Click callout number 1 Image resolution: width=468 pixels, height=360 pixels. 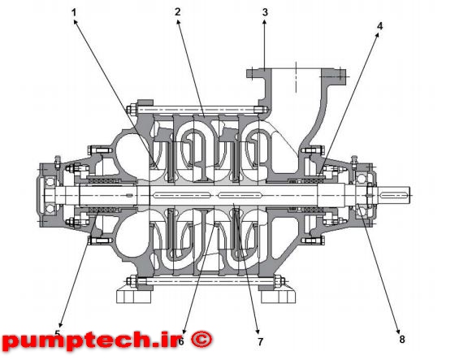coord(74,12)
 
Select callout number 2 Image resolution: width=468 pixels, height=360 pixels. coord(178,12)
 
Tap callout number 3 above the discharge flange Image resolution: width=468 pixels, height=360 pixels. coord(265,12)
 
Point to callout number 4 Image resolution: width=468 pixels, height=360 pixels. coord(379,26)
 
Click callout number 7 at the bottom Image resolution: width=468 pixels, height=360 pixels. coord(261,341)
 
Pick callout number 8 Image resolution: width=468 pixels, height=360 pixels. coord(402,339)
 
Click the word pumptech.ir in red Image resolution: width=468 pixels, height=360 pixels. coord(92,340)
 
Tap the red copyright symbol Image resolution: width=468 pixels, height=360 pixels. coord(201,339)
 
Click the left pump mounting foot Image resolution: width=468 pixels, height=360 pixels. coord(134,297)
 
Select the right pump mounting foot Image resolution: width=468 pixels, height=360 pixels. coord(278,297)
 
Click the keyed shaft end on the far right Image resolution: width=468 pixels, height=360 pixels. coord(394,195)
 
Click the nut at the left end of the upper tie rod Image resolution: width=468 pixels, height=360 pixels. coord(132,110)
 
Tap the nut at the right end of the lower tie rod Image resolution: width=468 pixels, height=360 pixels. coord(280,281)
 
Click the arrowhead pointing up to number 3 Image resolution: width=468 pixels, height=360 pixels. coord(265,21)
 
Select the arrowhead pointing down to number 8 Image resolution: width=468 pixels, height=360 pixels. coord(398,331)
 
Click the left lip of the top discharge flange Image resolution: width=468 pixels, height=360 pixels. coord(254,73)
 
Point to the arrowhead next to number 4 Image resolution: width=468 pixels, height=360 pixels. coord(377,35)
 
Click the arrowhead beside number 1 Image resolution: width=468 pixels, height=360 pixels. coord(76,22)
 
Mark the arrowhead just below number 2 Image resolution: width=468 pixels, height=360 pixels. coord(178,22)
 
